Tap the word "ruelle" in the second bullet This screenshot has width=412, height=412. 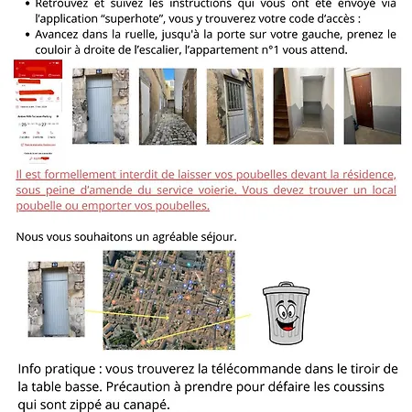[x=129, y=34]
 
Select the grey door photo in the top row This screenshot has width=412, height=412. [x=100, y=106]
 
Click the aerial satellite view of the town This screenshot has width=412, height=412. [x=168, y=299]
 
